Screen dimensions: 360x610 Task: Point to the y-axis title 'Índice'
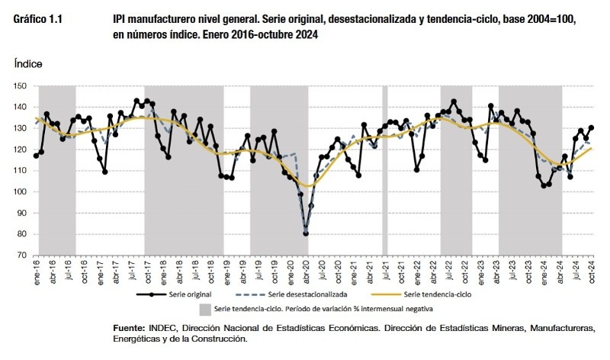pos(28,67)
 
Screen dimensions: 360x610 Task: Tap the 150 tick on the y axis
pos(21,85)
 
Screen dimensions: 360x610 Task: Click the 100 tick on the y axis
pos(21,191)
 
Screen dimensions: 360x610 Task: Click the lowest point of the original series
pos(306,233)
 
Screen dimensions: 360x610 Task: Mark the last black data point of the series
pos(592,127)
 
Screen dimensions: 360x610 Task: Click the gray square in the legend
pos(204,309)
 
